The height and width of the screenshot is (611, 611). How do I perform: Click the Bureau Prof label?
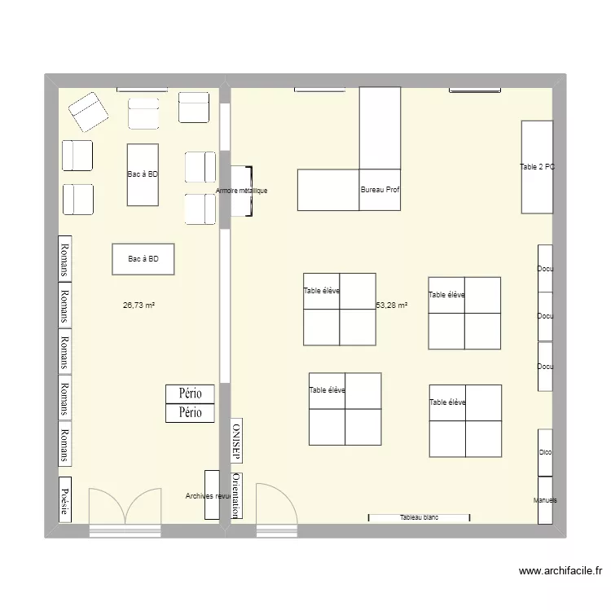pyautogui.click(x=380, y=191)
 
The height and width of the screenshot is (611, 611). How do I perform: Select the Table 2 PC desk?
pyautogui.click(x=537, y=167)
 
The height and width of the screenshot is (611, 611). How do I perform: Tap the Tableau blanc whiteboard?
pyautogui.click(x=420, y=517)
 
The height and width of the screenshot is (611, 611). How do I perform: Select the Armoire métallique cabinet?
pyautogui.click(x=241, y=191)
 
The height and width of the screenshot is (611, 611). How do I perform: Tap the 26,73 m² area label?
pyautogui.click(x=139, y=305)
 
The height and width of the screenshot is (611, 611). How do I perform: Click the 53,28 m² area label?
pyautogui.click(x=392, y=305)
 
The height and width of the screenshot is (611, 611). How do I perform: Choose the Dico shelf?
pyautogui.click(x=545, y=453)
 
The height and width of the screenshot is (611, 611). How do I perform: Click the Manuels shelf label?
pyautogui.click(x=545, y=500)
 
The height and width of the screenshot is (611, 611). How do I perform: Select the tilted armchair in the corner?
pyautogui.click(x=88, y=112)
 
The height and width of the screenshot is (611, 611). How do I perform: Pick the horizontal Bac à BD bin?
pyautogui.click(x=143, y=259)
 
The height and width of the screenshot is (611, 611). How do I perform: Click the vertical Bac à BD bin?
pyautogui.click(x=143, y=174)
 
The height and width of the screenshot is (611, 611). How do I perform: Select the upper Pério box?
pyautogui.click(x=190, y=393)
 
